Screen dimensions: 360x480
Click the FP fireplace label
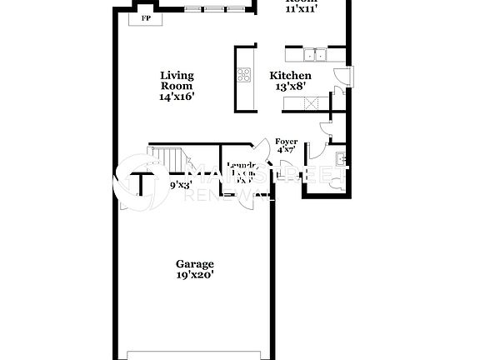pyautogui.click(x=147, y=17)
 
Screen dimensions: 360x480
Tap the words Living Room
pyautogui.click(x=177, y=81)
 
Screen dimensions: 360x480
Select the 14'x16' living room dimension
pyautogui.click(x=177, y=96)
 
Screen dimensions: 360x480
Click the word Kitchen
pyautogui.click(x=289, y=75)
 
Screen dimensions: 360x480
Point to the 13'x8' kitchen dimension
pyautogui.click(x=289, y=86)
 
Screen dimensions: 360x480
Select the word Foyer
pyautogui.click(x=287, y=142)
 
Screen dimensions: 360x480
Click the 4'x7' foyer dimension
pyautogui.click(x=287, y=151)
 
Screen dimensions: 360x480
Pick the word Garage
pyautogui.click(x=193, y=264)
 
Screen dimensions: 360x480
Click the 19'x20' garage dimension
pyautogui.click(x=193, y=275)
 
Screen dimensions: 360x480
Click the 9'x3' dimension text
pyautogui.click(x=181, y=185)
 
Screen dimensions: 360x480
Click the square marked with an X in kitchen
pyautogui.click(x=313, y=103)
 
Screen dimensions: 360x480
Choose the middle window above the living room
pyautogui.click(x=215, y=10)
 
